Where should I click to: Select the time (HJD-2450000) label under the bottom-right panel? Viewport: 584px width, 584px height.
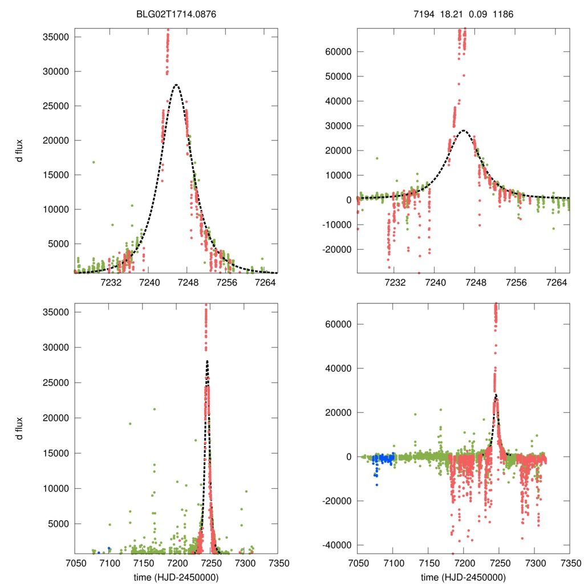pos(463,577)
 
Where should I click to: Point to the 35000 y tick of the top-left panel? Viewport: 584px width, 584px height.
pos(56,37)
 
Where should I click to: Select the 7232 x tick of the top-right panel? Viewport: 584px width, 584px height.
pos(395,282)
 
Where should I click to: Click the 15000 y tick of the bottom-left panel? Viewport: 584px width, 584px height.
pos(56,453)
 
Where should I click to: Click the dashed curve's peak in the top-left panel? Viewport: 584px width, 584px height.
pos(176,85)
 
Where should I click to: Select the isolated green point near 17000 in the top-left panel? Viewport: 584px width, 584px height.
pos(94,162)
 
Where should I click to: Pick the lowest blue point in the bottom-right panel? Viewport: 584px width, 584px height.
pos(377,485)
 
